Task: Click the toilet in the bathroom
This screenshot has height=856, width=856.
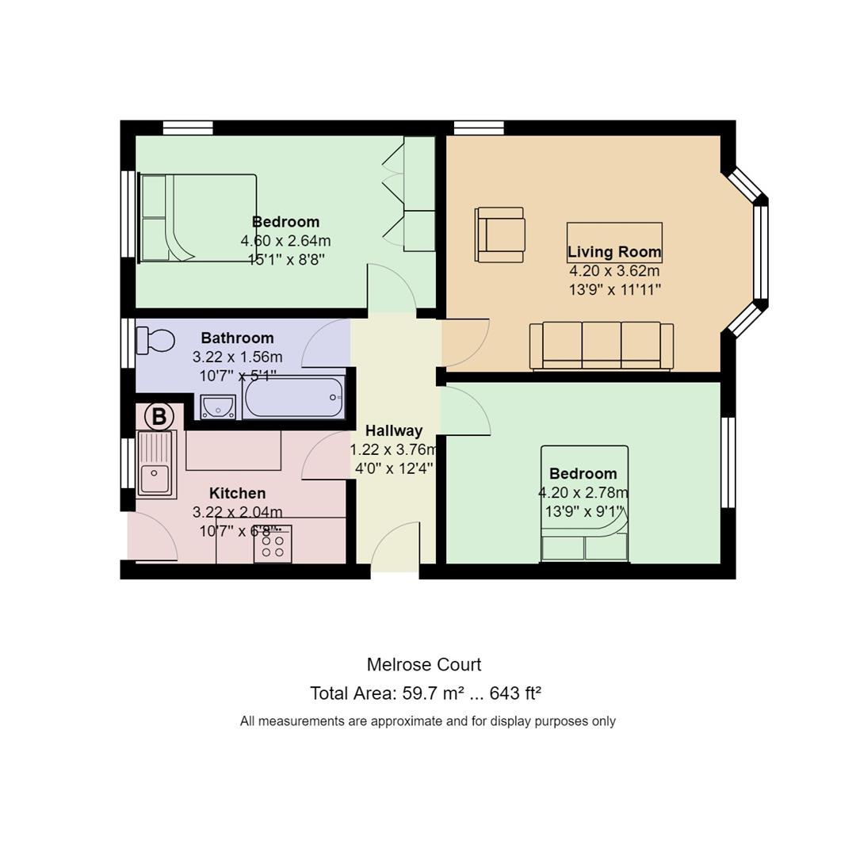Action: tap(155, 340)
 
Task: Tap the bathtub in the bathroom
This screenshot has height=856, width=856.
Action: tap(294, 397)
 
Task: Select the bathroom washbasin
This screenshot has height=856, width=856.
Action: tap(218, 407)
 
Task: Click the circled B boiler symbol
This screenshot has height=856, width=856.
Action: tap(159, 417)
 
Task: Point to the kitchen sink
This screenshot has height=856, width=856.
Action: tap(157, 464)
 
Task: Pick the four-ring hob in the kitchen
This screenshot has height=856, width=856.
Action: tap(273, 544)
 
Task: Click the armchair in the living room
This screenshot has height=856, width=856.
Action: tap(499, 235)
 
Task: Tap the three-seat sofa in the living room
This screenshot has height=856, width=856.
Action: tap(602, 346)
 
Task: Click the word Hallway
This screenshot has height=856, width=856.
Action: tap(394, 430)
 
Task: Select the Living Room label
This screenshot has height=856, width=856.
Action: tap(614, 252)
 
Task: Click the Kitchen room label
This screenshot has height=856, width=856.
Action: tap(238, 493)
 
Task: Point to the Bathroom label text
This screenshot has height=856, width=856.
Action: tap(238, 338)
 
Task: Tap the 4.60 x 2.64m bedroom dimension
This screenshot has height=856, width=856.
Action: tap(285, 241)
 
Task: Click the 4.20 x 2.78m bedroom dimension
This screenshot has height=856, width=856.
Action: tap(583, 493)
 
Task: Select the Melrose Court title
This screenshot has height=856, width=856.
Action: tap(424, 664)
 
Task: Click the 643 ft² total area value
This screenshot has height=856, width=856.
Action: tap(515, 694)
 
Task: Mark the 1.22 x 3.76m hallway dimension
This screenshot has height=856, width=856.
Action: tap(394, 449)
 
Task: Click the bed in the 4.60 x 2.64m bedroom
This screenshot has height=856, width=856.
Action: tap(197, 218)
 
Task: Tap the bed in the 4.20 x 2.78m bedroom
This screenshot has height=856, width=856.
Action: tap(585, 504)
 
